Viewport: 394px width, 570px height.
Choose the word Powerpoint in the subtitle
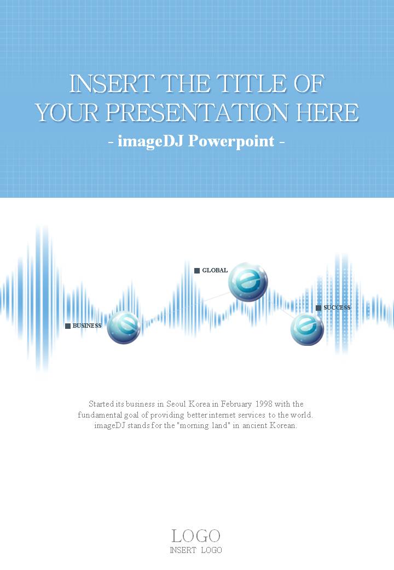click(x=231, y=141)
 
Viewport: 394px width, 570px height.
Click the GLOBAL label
click(x=215, y=270)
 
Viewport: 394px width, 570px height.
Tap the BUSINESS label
click(x=87, y=326)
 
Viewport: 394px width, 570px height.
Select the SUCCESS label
click(x=337, y=307)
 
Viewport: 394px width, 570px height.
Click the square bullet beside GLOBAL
click(x=197, y=270)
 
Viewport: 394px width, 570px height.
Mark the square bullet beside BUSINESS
click(x=68, y=326)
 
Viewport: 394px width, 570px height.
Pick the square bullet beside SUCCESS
click(x=318, y=308)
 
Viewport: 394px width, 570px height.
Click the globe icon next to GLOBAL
click(x=248, y=282)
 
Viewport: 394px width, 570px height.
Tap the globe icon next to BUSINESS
click(x=124, y=327)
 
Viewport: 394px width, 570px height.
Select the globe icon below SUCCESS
click(x=307, y=329)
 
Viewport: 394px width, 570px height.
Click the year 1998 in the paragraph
click(x=264, y=404)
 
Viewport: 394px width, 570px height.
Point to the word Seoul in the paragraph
click(x=176, y=404)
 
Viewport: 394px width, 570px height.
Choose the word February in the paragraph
click(x=236, y=404)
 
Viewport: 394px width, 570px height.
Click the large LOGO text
click(x=196, y=536)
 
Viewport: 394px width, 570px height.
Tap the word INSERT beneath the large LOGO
click(x=183, y=550)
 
